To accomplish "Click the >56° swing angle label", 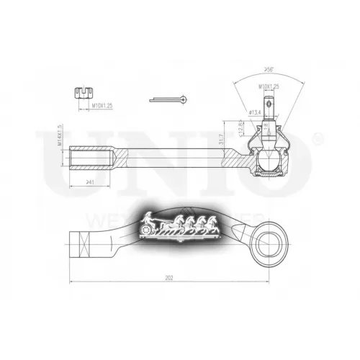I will coord(269,70).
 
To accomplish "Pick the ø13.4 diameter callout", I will coord(253,112).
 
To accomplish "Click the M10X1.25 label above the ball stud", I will coord(269,87).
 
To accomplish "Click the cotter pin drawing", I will coord(171,99).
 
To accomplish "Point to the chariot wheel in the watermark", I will coord(149,230).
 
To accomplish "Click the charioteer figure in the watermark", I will coord(148,217).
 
